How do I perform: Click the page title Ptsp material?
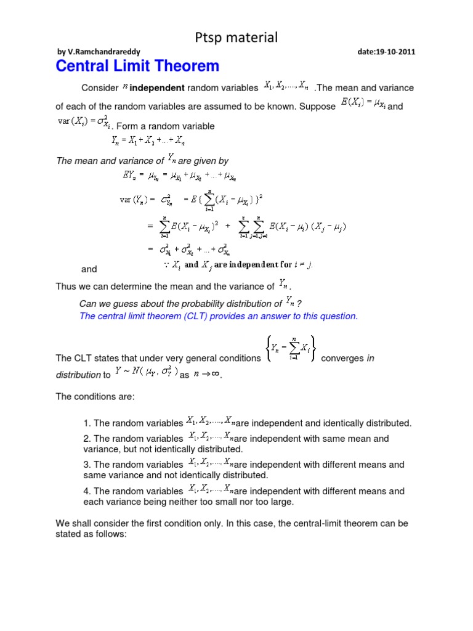[x=236, y=38]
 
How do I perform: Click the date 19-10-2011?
[x=386, y=52]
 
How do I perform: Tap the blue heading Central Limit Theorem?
[x=137, y=67]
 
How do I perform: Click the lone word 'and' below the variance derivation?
[x=89, y=269]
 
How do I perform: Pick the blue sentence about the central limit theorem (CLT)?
[x=219, y=316]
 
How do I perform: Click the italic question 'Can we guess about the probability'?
[x=181, y=303]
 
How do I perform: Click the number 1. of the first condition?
[x=87, y=423]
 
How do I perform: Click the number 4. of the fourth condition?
[x=87, y=491]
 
